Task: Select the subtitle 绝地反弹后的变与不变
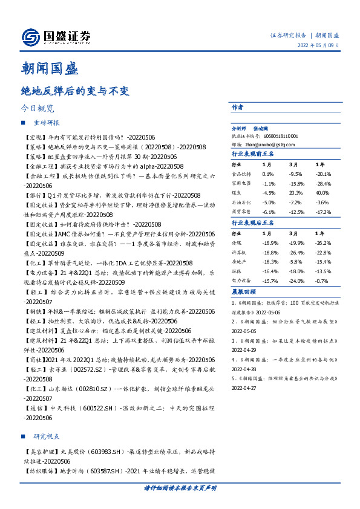point(74,91)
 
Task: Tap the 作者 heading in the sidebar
point(237,106)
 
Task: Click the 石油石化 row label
point(242,202)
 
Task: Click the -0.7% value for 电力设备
point(321,282)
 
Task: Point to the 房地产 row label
point(240,262)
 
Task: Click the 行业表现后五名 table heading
point(253,223)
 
